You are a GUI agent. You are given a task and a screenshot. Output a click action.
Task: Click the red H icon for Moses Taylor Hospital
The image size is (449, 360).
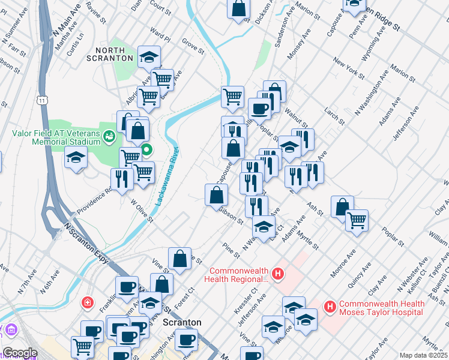329,307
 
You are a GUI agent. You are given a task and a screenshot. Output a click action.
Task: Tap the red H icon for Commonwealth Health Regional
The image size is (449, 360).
277,274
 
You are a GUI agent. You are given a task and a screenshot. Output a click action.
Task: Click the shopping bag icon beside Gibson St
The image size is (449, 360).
216,195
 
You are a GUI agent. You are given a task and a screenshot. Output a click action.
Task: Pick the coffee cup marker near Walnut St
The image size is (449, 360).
259,109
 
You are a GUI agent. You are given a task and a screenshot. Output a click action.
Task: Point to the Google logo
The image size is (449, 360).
20,353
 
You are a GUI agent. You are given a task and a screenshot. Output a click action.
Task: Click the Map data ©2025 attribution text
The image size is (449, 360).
423,355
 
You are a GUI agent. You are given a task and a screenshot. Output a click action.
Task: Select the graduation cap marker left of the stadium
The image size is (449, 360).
76,158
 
